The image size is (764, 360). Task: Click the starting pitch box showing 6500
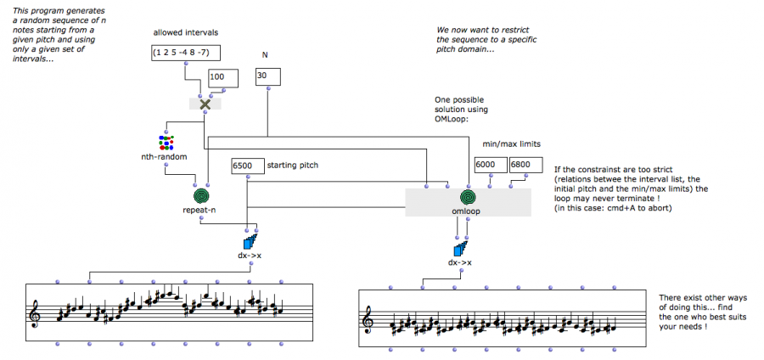247,166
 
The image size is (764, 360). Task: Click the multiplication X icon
204,104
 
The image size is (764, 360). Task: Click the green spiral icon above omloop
468,198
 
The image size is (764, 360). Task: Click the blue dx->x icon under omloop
461,250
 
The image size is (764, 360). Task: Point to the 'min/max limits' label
511,144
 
